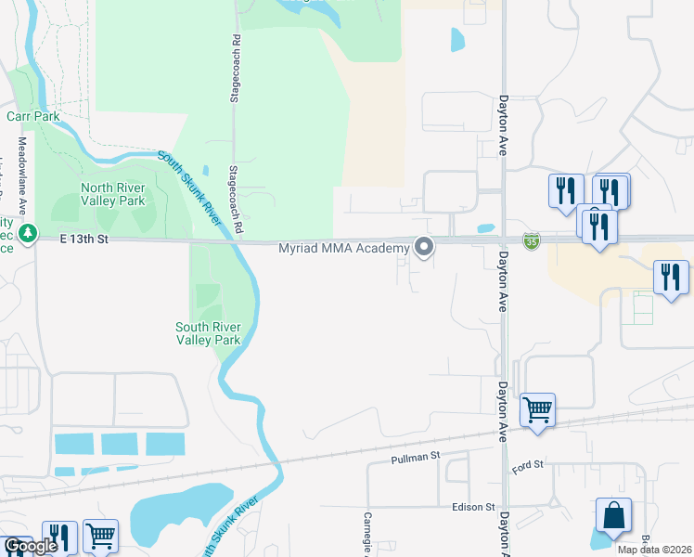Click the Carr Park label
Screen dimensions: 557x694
pyautogui.click(x=32, y=116)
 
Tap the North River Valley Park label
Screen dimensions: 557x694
pyautogui.click(x=112, y=193)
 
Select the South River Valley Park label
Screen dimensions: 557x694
pyautogui.click(x=209, y=332)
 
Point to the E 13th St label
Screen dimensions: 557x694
pyautogui.click(x=85, y=240)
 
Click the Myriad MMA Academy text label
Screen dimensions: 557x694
pyautogui.click(x=344, y=248)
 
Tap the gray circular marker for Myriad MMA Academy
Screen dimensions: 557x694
pyautogui.click(x=425, y=247)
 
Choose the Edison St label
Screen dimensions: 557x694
pyautogui.click(x=474, y=507)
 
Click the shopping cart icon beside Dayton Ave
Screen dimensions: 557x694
pyautogui.click(x=537, y=408)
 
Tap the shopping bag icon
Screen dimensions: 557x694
pyautogui.click(x=613, y=516)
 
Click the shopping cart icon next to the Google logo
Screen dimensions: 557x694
pyautogui.click(x=100, y=536)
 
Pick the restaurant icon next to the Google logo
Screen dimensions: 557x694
pyautogui.click(x=58, y=538)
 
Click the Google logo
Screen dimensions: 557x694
pyautogui.click(x=30, y=546)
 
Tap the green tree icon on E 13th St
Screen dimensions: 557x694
pyautogui.click(x=30, y=231)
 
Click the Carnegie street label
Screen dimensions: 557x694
pyautogui.click(x=367, y=535)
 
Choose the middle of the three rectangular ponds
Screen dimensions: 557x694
pyautogui.click(x=119, y=444)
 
